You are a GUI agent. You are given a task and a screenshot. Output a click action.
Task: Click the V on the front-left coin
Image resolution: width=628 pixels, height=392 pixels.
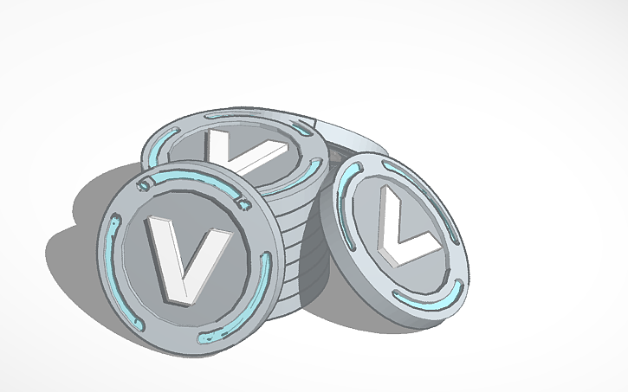[x=179, y=257]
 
